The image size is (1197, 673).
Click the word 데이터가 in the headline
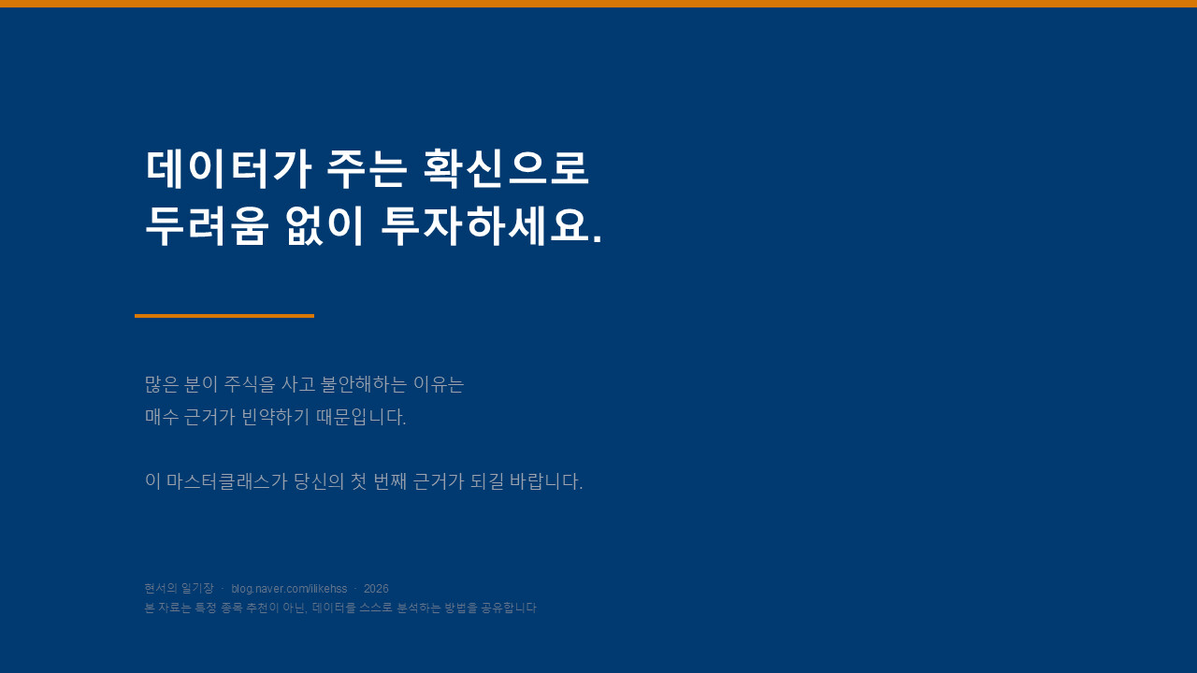tap(228, 169)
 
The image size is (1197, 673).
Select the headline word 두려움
tap(206, 226)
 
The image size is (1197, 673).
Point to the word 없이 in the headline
tap(324, 226)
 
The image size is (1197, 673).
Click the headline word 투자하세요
tap(491, 226)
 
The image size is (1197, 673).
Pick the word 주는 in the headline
tap(367, 169)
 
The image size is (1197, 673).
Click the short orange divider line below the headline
tap(224, 316)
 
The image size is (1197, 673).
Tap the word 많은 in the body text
tap(162, 384)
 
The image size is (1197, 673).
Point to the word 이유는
tap(439, 384)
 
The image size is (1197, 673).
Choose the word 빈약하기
tap(275, 417)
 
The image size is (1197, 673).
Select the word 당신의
tap(319, 481)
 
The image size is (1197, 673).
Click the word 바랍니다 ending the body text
tap(546, 481)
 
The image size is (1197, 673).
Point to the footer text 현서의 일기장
tap(179, 588)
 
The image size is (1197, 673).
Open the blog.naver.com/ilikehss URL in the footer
tap(289, 589)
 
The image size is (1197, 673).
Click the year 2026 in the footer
tap(376, 589)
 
